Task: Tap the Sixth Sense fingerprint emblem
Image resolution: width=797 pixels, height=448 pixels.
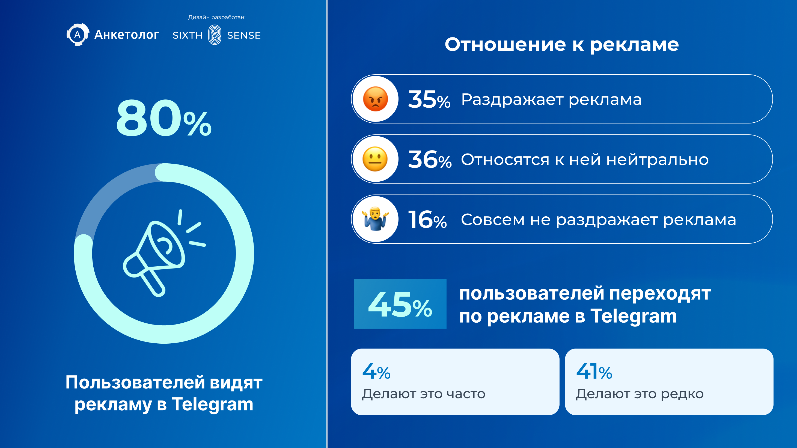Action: coord(215,35)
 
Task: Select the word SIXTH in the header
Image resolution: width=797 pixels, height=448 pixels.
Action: coord(188,35)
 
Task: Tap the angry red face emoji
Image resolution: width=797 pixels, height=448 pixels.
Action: coord(375,99)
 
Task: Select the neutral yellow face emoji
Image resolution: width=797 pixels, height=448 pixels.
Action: coord(375,159)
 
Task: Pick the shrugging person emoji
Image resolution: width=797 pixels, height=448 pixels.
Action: coord(375,219)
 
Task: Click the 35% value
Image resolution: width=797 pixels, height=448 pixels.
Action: coord(429,99)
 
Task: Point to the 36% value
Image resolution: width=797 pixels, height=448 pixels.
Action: coord(430,160)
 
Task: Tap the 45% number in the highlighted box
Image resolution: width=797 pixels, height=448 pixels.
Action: coord(400,305)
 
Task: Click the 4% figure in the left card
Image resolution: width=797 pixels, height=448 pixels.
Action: coord(376,371)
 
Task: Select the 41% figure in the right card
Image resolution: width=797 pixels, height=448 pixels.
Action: coord(594,371)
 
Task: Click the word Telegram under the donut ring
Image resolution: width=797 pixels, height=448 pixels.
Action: coord(213,404)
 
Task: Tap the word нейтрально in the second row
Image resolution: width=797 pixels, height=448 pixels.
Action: coord(658,160)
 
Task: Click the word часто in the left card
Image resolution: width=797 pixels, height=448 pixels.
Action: coord(466,394)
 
